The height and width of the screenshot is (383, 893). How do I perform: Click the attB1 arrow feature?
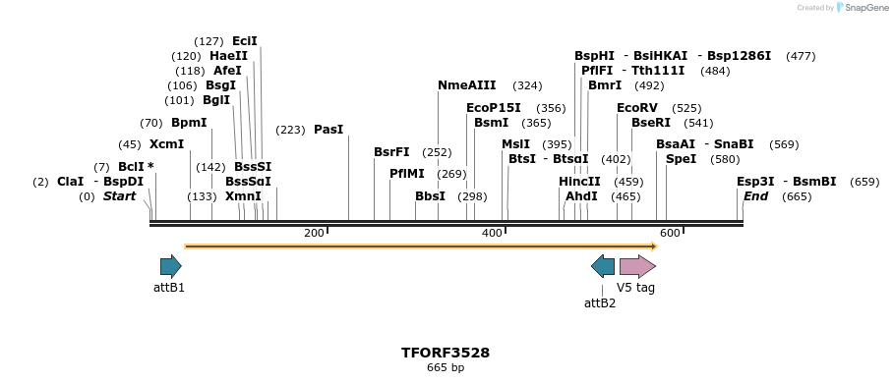pos(171,265)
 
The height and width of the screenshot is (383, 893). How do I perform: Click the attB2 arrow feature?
pos(603,265)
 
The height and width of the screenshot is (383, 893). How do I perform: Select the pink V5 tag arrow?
pos(637,265)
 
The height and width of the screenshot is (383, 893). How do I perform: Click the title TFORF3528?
pos(445,353)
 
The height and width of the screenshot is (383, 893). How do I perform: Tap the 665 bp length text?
pos(445,368)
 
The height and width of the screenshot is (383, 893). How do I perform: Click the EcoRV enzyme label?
pos(636,108)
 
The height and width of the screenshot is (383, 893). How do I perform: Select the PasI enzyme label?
pos(328,130)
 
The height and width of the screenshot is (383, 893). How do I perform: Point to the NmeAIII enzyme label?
pos(466,85)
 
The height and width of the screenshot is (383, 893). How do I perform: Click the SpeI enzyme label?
pos(681,159)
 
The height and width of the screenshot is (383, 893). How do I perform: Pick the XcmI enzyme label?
pos(166,144)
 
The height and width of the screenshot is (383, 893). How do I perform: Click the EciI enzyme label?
pos(244,41)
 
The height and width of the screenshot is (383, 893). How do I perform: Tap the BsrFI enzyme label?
pos(391,152)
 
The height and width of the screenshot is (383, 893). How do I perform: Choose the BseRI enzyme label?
pos(650,123)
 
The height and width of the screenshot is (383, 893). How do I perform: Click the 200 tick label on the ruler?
pos(314,233)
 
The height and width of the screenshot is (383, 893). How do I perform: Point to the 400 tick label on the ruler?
pos(492,233)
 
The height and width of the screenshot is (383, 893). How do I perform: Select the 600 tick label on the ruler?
pos(670,233)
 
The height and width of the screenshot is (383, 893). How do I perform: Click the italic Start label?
pos(119,196)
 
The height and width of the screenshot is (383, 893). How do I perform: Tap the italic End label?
pos(755,196)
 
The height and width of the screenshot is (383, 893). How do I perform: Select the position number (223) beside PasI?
pos(290,130)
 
